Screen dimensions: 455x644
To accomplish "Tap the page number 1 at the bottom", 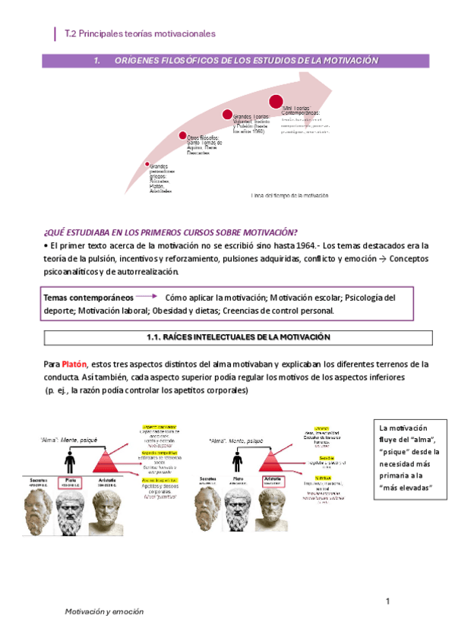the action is click(387, 602).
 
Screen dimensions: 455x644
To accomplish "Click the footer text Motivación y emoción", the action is click(103, 611).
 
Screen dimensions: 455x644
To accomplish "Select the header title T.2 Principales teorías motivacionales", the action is click(141, 34).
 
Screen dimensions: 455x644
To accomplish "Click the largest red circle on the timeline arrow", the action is click(276, 101).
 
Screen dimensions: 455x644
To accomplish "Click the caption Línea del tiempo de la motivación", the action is click(290, 195).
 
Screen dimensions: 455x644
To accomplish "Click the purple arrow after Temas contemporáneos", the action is click(148, 298).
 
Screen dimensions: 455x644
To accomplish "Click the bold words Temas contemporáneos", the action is click(88, 298).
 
